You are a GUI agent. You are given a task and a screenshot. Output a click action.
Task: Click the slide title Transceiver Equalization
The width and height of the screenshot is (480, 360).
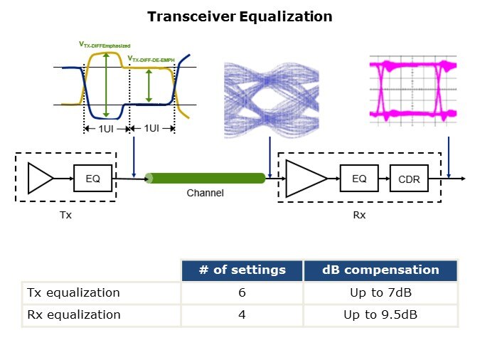(240, 16)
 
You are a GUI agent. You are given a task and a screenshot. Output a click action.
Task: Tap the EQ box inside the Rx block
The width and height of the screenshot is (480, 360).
(358, 179)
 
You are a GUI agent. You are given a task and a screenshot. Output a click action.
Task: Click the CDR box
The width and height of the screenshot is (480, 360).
(408, 179)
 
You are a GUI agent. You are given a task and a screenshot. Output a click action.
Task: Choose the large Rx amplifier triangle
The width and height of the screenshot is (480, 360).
(305, 178)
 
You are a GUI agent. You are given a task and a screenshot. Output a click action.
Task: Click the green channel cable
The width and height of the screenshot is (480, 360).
(205, 178)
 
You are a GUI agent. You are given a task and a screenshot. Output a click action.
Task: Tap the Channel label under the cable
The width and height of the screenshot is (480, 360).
(205, 193)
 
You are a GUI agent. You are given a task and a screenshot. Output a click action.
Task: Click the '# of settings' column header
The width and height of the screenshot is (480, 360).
(242, 270)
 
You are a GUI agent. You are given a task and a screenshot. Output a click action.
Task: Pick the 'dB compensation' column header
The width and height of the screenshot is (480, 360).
(380, 270)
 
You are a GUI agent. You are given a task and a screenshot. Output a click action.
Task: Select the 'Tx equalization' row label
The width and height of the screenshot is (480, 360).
(73, 292)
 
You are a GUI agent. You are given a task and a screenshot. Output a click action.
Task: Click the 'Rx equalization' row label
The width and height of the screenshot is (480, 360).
(73, 314)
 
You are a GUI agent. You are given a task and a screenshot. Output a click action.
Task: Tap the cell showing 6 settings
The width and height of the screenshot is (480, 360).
(242, 292)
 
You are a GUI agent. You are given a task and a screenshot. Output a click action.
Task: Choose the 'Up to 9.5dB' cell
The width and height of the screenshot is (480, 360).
(380, 314)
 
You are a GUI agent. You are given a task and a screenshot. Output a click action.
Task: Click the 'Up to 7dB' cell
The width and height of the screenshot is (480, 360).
(380, 292)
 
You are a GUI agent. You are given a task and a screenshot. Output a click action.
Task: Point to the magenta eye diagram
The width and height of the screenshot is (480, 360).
(412, 89)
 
